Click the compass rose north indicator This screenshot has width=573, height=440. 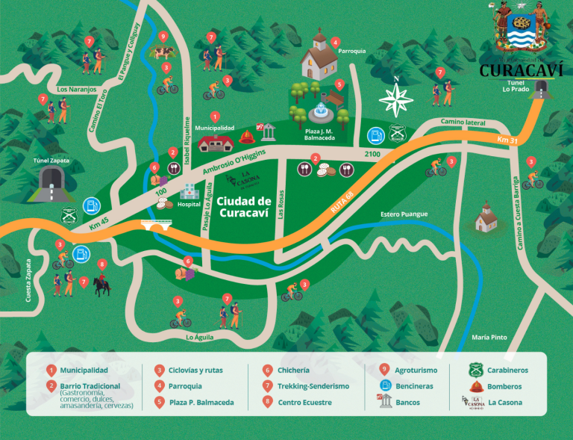396,96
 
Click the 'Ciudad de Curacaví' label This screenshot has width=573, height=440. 244,206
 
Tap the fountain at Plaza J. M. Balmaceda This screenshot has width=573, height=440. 322,112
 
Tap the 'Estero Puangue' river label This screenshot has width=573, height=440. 403,214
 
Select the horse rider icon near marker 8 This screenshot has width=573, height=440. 101,285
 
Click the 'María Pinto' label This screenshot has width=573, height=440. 489,338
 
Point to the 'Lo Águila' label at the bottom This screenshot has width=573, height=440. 199,338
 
